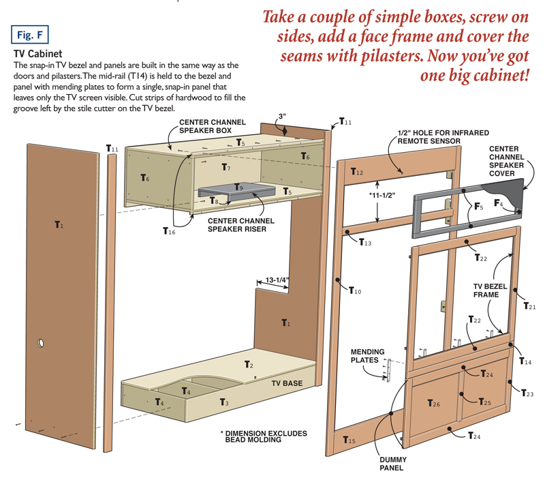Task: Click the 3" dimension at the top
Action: click(283, 117)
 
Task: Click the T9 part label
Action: click(238, 186)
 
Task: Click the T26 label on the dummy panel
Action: click(434, 403)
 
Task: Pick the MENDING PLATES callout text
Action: click(368, 356)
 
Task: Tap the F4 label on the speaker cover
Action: click(499, 203)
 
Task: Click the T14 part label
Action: click(525, 361)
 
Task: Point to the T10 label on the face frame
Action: click(355, 291)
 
